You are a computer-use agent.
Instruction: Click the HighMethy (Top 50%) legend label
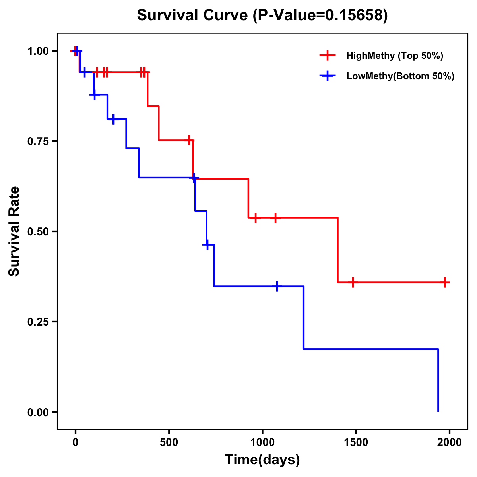[x=395, y=56]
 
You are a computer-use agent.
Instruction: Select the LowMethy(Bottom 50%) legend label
[x=400, y=76]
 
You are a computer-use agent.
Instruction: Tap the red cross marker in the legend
[x=328, y=56]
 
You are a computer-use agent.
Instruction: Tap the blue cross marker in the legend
[x=328, y=76]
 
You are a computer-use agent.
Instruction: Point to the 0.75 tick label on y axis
[x=37, y=141]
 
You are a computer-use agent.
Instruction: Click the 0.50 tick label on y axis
[x=37, y=231]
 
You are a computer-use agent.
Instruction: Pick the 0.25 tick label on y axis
[x=37, y=322]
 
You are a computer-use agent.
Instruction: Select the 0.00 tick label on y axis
[x=37, y=412]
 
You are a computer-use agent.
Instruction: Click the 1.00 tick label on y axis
[x=37, y=51]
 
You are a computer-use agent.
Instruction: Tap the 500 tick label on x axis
[x=169, y=442]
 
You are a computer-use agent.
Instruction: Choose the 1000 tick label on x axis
[x=262, y=442]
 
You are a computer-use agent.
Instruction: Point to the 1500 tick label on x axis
[x=356, y=442]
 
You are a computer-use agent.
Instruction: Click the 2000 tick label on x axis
[x=449, y=442]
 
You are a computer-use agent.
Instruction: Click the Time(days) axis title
[x=262, y=460]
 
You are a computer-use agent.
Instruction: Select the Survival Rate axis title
[x=14, y=231]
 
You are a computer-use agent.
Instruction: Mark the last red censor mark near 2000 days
[x=445, y=283]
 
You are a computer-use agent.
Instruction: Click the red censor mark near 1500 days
[x=353, y=283]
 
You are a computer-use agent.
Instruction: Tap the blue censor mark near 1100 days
[x=277, y=286]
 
